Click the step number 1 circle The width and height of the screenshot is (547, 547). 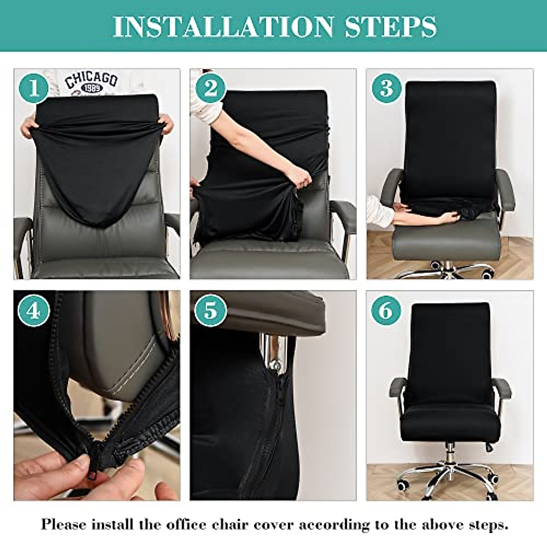coord(33,88)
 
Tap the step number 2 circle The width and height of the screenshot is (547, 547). coord(210,88)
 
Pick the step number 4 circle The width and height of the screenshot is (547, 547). coord(33,311)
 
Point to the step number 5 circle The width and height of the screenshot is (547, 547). coord(210,311)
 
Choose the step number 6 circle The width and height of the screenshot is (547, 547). coord(386,311)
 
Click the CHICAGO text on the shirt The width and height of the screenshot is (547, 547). coord(91,80)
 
